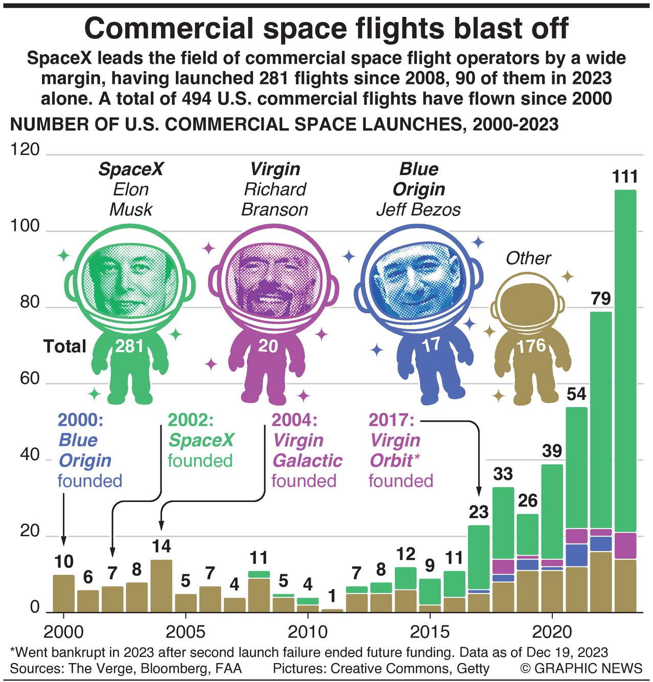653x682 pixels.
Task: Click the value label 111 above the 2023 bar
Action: click(x=625, y=177)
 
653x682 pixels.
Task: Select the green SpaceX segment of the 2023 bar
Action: click(x=625, y=358)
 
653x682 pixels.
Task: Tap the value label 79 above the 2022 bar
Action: click(x=601, y=299)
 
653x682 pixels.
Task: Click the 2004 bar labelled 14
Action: click(x=161, y=586)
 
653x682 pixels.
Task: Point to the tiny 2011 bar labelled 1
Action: click(x=332, y=610)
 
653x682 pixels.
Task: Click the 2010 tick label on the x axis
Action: click(x=308, y=632)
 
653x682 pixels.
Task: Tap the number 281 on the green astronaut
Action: click(x=129, y=347)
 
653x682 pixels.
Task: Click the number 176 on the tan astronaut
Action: click(x=531, y=347)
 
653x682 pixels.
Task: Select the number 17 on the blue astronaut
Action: click(x=430, y=345)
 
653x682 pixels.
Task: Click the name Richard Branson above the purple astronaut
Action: click(x=275, y=199)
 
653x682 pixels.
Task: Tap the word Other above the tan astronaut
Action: click(x=528, y=258)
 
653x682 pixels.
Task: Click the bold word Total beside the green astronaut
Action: click(x=65, y=347)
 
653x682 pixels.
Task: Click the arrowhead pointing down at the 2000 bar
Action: click(x=63, y=542)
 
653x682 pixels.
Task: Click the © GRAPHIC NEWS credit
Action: click(x=581, y=668)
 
